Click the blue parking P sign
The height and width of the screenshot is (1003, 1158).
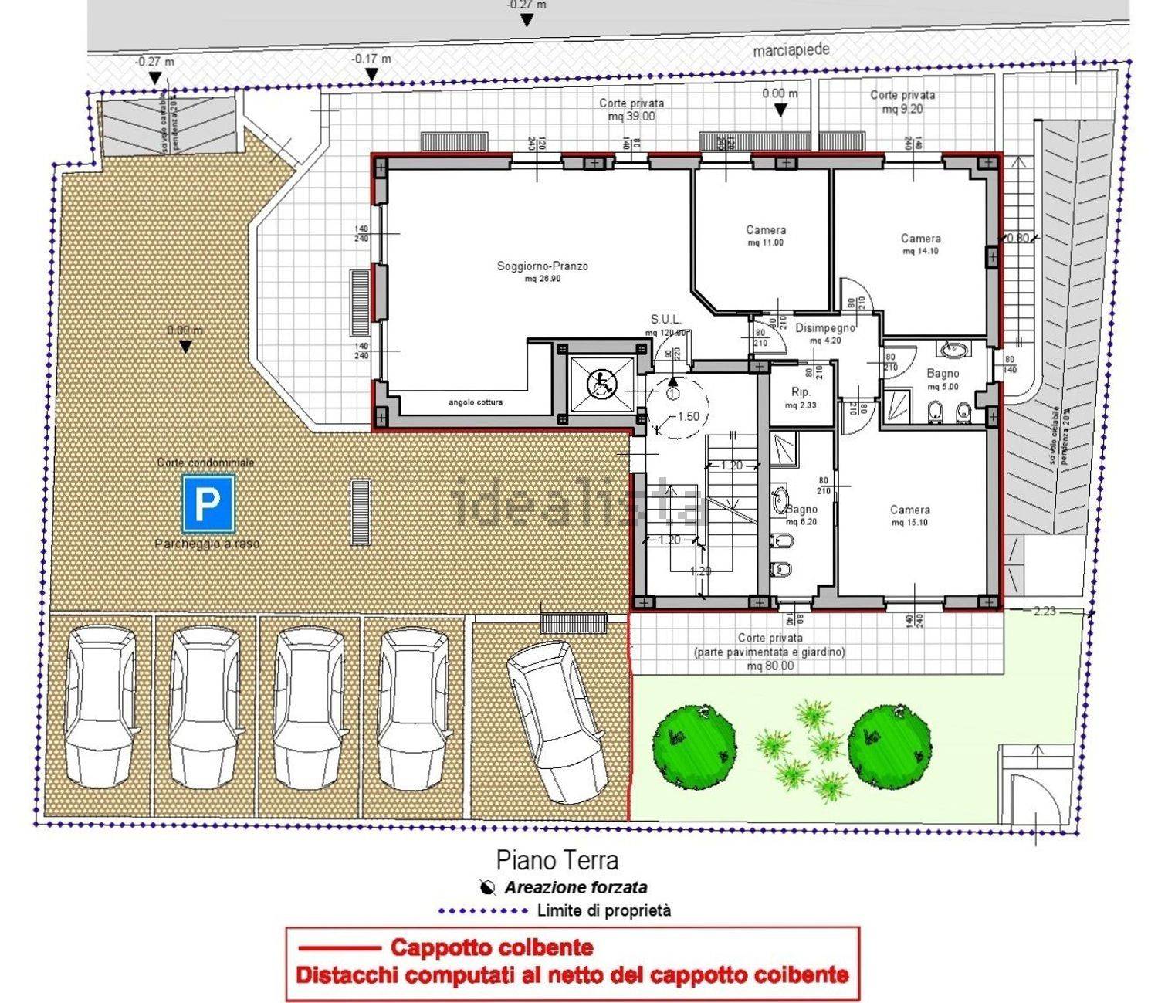[x=208, y=503]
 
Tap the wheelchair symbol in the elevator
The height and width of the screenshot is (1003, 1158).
[x=600, y=384]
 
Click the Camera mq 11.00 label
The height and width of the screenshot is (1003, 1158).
[x=765, y=236]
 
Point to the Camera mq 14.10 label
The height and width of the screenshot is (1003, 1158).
[x=920, y=244]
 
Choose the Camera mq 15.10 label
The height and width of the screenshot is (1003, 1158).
[x=909, y=515]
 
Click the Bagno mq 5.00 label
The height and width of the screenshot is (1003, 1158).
[x=943, y=379]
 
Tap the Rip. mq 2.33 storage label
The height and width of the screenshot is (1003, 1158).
[x=801, y=398]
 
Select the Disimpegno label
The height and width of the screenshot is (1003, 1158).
[x=825, y=333]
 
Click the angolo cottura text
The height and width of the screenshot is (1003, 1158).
[x=476, y=402]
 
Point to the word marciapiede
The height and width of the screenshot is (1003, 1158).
[x=791, y=50]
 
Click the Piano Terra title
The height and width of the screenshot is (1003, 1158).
[x=557, y=859]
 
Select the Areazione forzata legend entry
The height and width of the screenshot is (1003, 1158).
[x=575, y=888]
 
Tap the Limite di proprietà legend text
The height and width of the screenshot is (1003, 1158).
[x=604, y=911]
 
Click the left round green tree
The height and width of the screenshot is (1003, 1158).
[x=693, y=746]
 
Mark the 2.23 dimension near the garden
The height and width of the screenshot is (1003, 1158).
[x=1044, y=611]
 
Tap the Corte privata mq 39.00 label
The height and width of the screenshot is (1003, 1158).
[x=631, y=110]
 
